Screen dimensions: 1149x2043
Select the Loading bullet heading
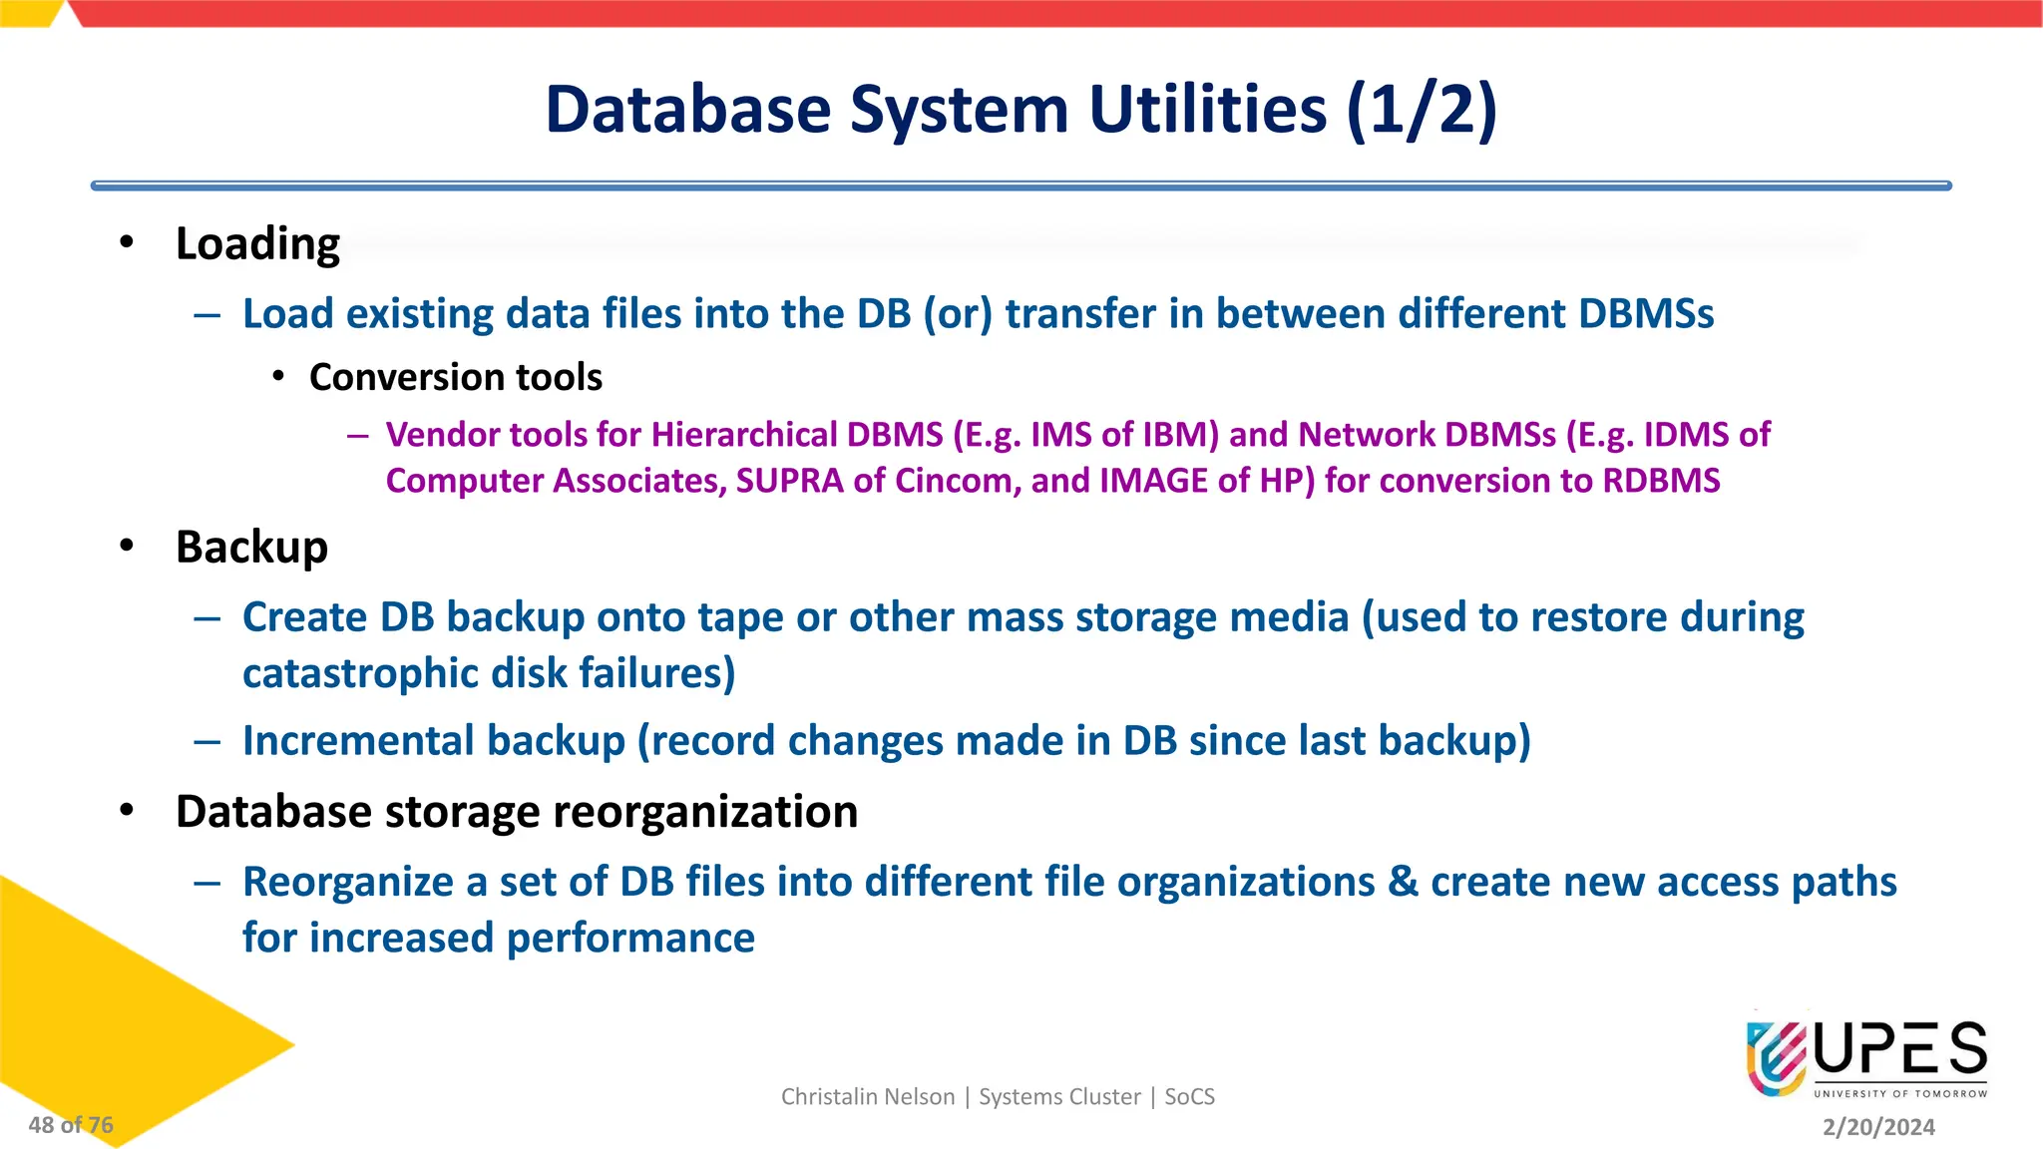tap(257, 244)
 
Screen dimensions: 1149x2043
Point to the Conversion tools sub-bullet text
tap(455, 378)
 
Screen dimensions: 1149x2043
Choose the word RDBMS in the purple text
tap(1661, 481)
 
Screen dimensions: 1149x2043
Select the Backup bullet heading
tap(251, 548)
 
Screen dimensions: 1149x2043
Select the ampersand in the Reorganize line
tap(1403, 883)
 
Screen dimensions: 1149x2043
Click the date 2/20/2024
tap(1878, 1127)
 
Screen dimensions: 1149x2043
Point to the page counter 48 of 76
tap(71, 1125)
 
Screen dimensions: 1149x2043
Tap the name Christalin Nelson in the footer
tap(867, 1097)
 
